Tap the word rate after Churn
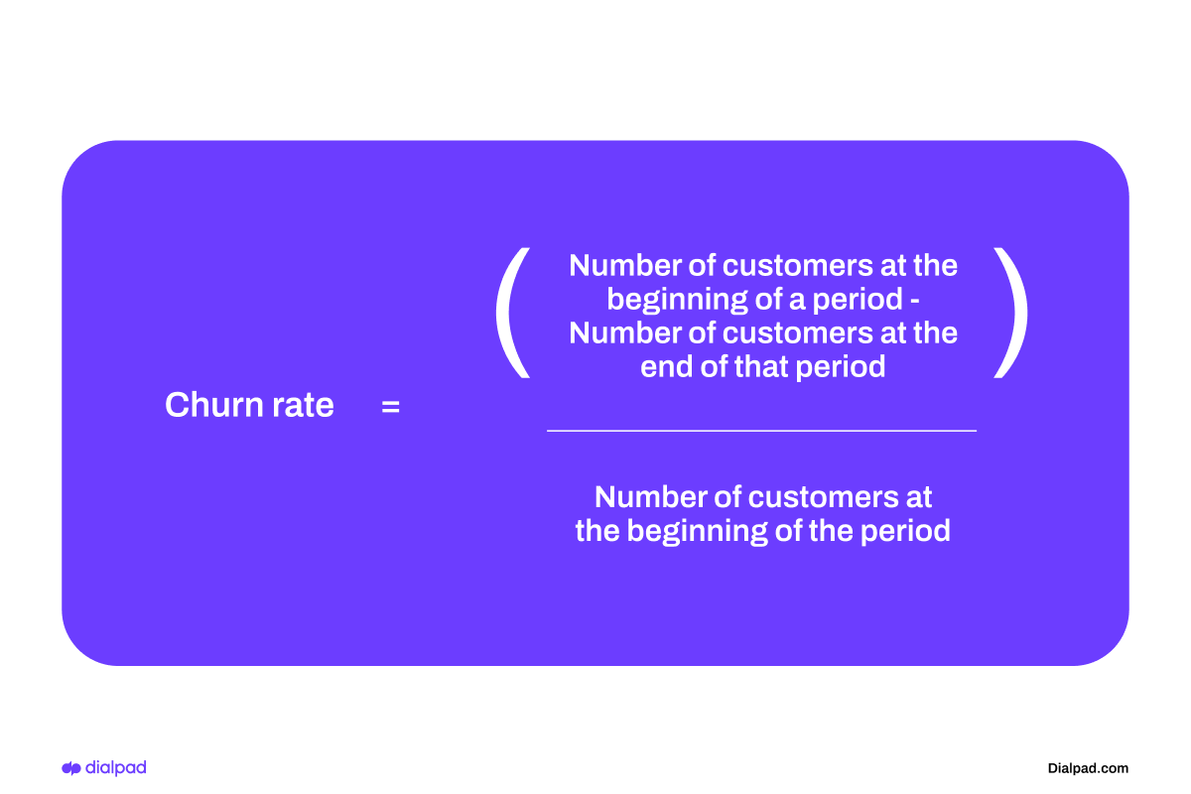pyautogui.click(x=296, y=406)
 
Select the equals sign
pyautogui.click(x=390, y=406)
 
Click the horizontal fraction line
pyautogui.click(x=761, y=431)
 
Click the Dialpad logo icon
pyautogui.click(x=71, y=768)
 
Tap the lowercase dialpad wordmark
pyautogui.click(x=116, y=767)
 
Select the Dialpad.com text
pyautogui.click(x=1088, y=768)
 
